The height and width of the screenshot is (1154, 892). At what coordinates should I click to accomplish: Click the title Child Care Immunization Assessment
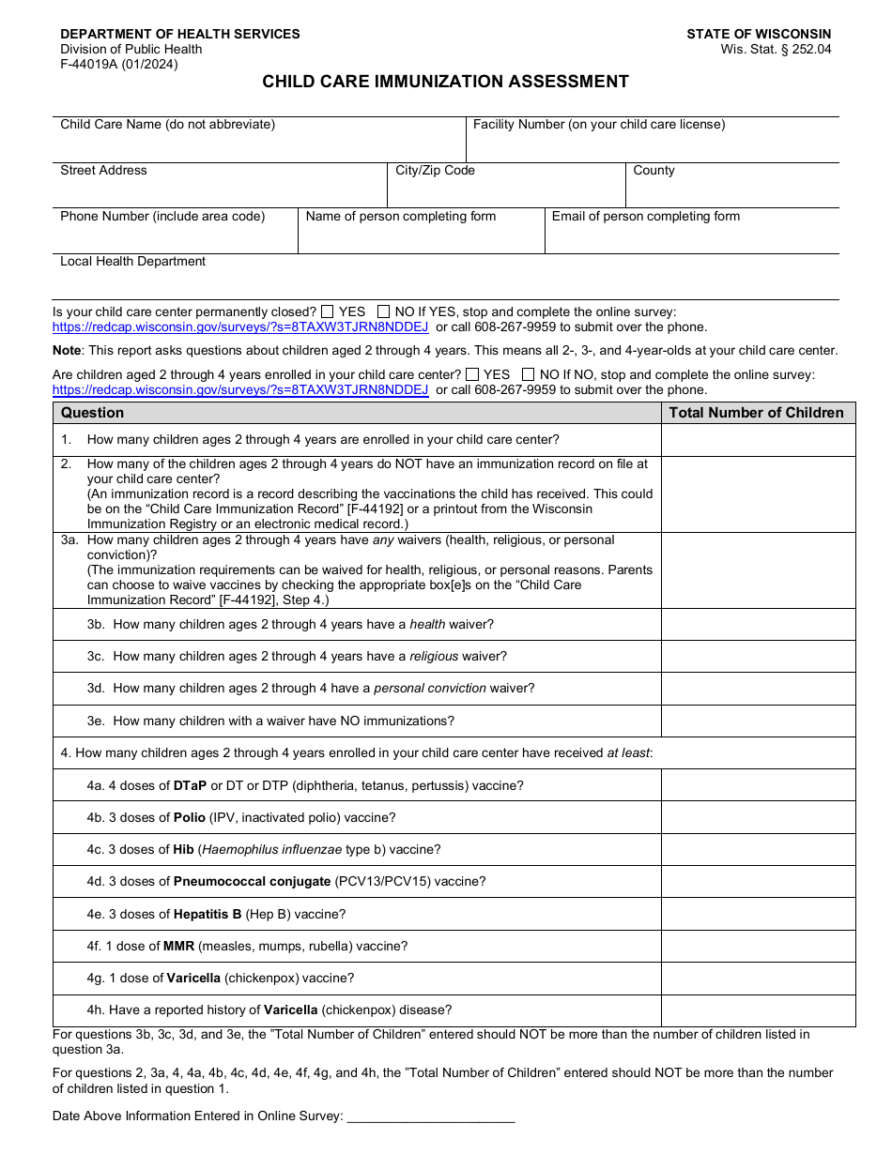445,82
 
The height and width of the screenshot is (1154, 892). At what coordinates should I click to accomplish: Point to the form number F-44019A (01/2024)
118,65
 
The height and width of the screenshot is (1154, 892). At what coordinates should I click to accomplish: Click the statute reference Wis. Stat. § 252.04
776,50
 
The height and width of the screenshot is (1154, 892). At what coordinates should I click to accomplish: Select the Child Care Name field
258,145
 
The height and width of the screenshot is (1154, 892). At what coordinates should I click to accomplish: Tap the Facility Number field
652,145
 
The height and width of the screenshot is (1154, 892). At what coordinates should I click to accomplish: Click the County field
732,190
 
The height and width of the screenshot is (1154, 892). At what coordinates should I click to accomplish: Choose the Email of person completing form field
691,236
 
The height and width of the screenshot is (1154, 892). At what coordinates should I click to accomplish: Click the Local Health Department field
445,281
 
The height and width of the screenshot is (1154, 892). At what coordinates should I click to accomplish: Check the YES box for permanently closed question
328,311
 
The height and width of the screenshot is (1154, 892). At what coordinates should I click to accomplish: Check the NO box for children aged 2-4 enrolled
529,374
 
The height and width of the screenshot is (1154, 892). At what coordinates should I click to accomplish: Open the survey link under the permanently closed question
240,327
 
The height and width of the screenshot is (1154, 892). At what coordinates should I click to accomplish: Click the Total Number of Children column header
757,413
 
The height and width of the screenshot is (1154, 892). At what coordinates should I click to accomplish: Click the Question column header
92,413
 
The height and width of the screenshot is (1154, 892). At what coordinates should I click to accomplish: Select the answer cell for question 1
758,440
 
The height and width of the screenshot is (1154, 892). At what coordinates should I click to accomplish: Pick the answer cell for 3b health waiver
758,625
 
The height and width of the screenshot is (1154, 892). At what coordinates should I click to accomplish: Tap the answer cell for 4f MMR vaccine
758,947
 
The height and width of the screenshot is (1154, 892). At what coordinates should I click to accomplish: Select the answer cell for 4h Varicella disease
758,1010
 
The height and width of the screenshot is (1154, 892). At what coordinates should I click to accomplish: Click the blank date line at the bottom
431,1116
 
